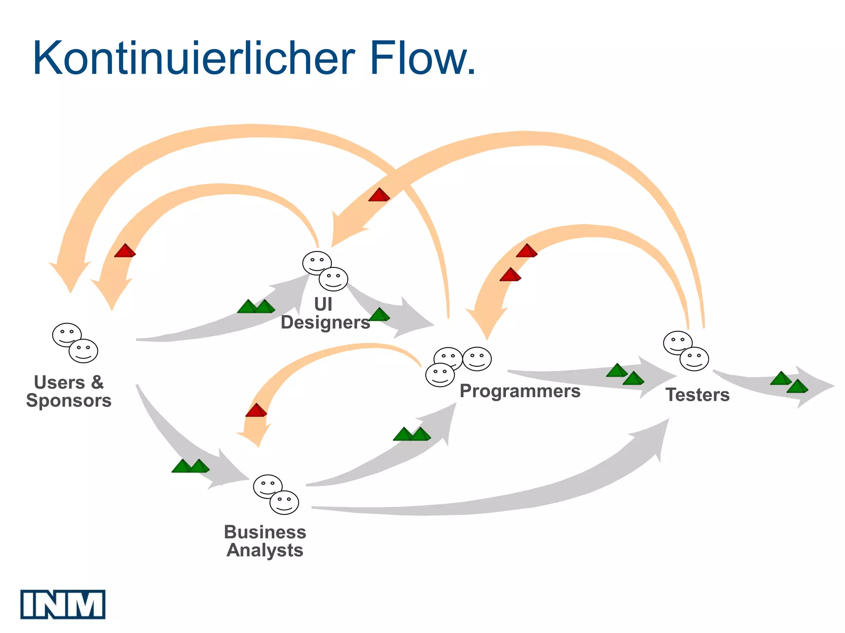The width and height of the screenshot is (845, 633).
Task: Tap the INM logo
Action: [x=63, y=604]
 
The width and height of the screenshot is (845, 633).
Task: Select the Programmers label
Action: [x=520, y=391]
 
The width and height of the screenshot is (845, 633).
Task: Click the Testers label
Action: [x=697, y=395]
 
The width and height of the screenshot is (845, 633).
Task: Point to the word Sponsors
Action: [x=69, y=401]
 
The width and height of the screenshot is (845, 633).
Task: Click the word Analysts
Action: [x=265, y=550]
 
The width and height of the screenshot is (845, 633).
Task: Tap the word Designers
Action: [x=325, y=322]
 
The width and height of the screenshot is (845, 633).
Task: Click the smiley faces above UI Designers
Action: [x=325, y=271]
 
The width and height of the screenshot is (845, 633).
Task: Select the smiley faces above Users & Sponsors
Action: [x=75, y=343]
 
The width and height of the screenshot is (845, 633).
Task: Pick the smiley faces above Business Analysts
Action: [x=276, y=495]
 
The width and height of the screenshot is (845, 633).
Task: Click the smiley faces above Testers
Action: [x=686, y=351]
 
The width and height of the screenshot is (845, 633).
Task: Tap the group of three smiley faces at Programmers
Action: [x=457, y=365]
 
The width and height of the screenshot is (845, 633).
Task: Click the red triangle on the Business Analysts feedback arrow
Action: [x=256, y=410]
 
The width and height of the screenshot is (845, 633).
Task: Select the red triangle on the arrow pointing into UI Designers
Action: [x=379, y=195]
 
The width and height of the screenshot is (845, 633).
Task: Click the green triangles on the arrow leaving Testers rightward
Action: [x=789, y=382]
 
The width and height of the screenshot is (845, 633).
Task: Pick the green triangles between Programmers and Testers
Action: [x=625, y=374]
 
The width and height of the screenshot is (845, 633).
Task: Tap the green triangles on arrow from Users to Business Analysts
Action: [x=190, y=466]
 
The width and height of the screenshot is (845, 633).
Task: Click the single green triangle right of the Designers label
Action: [x=379, y=314]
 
